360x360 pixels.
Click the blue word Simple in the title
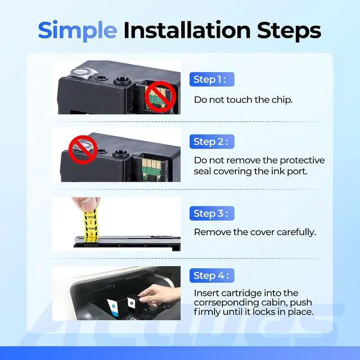[78, 31]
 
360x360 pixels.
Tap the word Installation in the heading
[187, 30]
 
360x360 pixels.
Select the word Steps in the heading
[289, 31]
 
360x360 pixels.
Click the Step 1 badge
[211, 79]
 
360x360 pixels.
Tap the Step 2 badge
[211, 142]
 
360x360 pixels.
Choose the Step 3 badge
[211, 213]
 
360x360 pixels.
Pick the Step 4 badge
[211, 276]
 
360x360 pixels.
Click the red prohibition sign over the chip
[161, 97]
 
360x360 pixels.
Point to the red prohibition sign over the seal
[83, 150]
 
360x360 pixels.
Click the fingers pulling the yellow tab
[86, 204]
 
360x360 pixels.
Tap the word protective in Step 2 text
[302, 160]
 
